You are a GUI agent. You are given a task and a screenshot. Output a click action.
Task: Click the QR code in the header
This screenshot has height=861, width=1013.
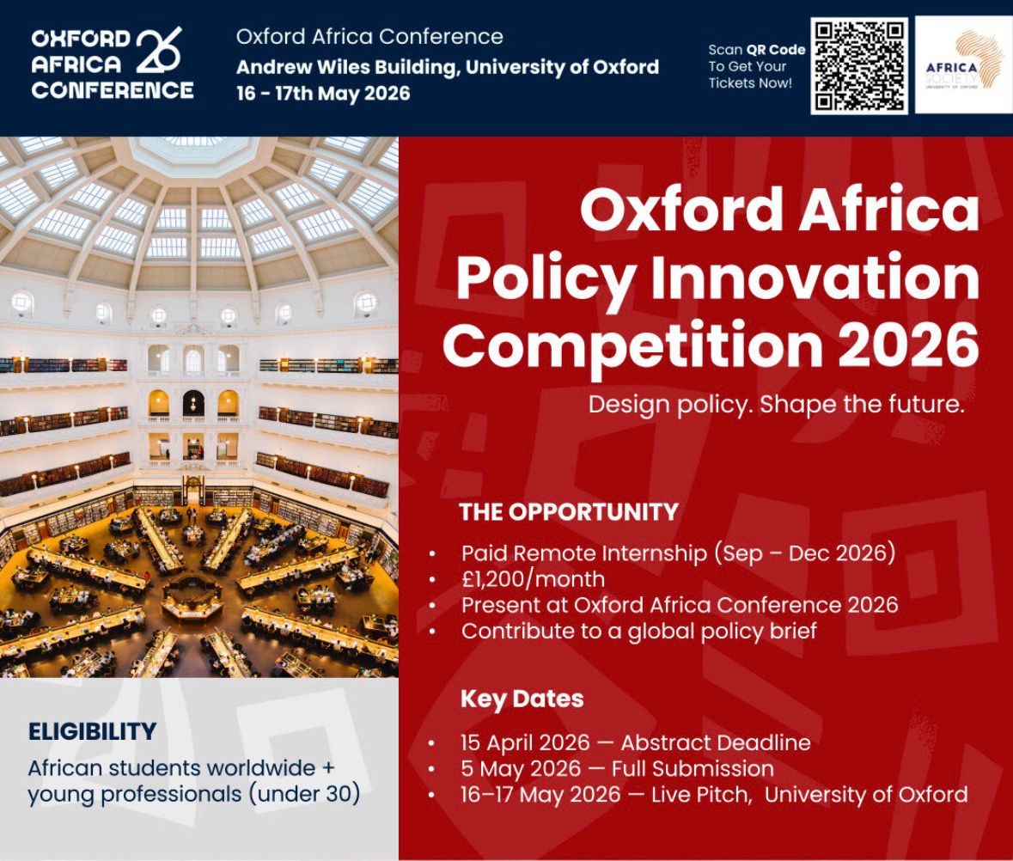click(x=858, y=66)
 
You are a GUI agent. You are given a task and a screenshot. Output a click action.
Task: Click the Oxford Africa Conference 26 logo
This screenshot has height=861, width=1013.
click(x=112, y=64)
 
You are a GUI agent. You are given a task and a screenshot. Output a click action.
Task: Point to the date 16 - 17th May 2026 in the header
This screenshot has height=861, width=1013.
click(x=323, y=94)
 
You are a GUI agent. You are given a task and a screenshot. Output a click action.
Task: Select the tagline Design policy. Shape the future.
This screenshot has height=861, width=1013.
click(x=776, y=405)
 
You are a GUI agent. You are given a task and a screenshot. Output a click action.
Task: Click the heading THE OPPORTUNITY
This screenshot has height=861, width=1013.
click(x=569, y=512)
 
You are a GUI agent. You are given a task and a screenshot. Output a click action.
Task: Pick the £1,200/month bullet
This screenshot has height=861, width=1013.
click(x=533, y=578)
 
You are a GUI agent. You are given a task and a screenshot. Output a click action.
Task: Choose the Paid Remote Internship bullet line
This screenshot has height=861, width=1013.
click(x=678, y=553)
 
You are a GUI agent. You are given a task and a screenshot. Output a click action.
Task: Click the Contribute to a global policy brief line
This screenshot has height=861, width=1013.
click(x=638, y=630)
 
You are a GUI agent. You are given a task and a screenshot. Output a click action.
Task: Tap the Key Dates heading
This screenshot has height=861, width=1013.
click(x=522, y=699)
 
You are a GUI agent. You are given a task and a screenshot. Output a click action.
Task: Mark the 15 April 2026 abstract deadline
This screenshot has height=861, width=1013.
click(x=635, y=742)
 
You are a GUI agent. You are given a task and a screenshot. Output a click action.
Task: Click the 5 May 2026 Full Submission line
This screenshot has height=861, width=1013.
click(x=617, y=768)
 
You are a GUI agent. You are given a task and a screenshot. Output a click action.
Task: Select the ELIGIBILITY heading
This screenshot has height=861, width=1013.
click(x=92, y=732)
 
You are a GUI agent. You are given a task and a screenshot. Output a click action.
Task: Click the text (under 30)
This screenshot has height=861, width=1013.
click(x=304, y=794)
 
